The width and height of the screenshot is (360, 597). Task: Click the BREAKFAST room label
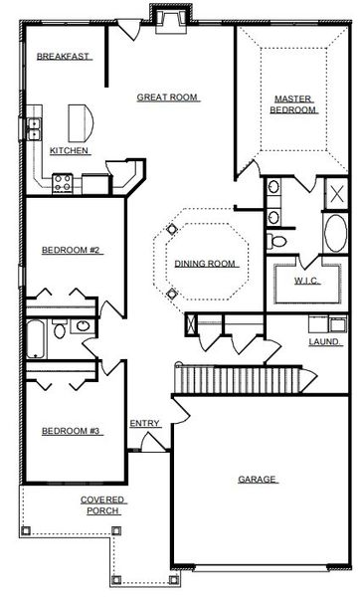pos(65,57)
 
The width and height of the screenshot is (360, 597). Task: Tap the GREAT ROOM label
pos(168,98)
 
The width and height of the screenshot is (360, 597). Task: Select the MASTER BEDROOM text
pos(294,103)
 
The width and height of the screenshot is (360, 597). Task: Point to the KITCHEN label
pos(70,151)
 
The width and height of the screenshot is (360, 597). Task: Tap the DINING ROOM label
pos(205,264)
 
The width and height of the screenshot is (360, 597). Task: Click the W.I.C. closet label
pos(305,282)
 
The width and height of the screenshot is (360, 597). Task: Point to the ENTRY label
pos(144,424)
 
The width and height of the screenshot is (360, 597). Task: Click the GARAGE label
pos(257,480)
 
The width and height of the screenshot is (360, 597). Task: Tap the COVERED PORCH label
pos(101,504)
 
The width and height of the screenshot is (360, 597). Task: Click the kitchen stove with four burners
pos(63,181)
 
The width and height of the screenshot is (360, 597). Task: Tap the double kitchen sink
pos(33,125)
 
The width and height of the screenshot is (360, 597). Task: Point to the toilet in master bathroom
pos(279,241)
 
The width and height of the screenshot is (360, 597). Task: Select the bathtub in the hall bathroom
pos(35,338)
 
